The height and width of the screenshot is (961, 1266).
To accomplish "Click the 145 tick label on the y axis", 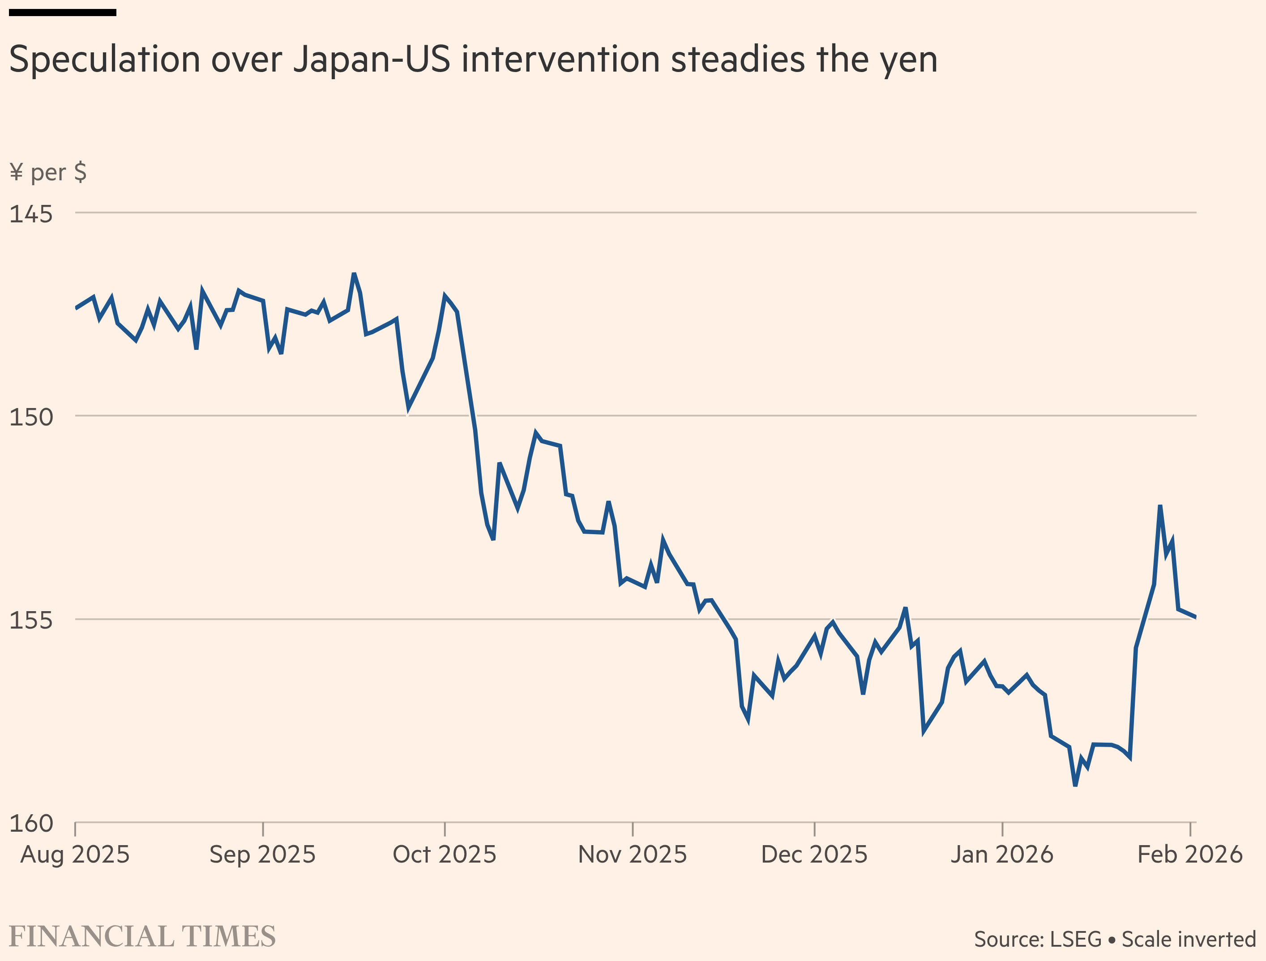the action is point(31,214).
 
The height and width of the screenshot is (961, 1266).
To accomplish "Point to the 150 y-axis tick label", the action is point(31,417).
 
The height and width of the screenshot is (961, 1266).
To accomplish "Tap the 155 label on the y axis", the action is point(31,620).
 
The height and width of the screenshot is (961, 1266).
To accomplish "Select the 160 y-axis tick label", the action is point(31,823).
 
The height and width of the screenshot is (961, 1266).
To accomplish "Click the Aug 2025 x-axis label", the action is point(75,855).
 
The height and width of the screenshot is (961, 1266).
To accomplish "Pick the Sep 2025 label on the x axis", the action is point(263,855).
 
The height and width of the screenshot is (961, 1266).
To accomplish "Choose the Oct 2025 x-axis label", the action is point(445,855).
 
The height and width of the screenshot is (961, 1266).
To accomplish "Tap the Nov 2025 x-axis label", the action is point(633,855).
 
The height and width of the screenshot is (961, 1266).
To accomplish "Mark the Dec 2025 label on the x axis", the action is point(814,855).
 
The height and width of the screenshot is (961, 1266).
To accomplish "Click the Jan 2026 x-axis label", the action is point(1002,855).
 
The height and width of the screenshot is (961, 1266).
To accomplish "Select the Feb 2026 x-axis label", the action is point(1190,855).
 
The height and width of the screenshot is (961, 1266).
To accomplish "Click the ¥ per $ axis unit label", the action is point(48,172).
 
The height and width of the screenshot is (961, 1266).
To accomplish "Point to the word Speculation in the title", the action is point(105,60).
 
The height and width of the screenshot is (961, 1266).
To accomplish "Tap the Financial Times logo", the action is point(142,936).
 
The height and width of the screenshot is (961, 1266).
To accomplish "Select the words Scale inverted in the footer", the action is point(1189,939).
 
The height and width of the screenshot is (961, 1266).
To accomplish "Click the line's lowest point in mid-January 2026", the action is point(1075,785).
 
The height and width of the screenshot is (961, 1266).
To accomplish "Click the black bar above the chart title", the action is point(63,13).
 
